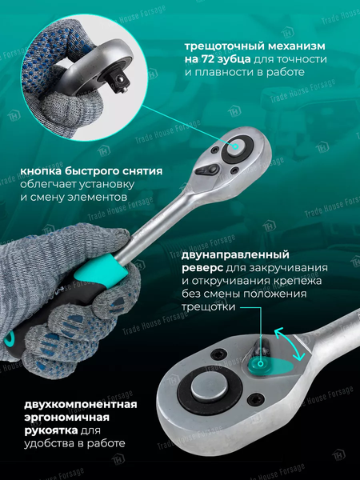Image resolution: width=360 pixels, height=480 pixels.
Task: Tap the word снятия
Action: (x=142, y=172)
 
